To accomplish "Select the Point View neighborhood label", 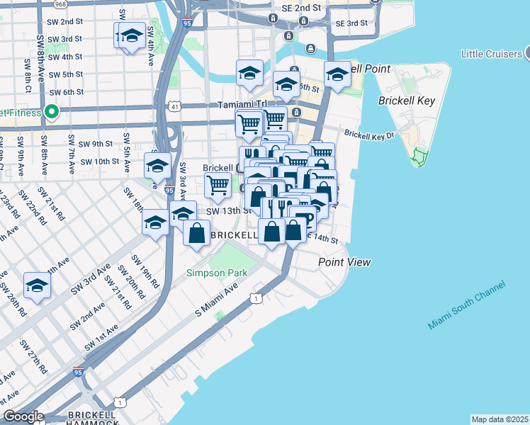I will click(344, 262).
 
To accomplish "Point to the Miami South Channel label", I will click(466, 305).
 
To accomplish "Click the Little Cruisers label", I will click(491, 54).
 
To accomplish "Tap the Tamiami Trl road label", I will click(240, 104).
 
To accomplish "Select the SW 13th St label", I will click(229, 210).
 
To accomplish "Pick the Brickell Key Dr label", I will click(369, 133).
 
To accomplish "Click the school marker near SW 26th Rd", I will click(37, 286).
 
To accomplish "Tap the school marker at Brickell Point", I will click(337, 75).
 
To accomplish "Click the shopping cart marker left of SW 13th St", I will click(218, 186).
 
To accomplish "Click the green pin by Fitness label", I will click(51, 112).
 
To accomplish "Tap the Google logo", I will click(23, 416).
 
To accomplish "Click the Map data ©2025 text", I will click(499, 419).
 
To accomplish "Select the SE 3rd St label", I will click(351, 23).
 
